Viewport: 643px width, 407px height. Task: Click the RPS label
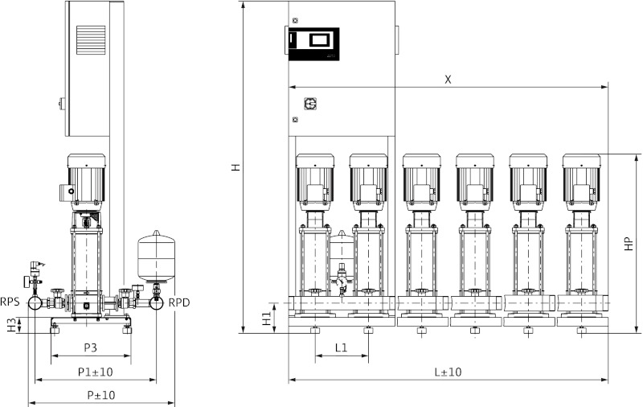[x=10, y=302]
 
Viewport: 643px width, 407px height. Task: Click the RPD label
[x=178, y=302]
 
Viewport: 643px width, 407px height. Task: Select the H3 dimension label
[x=10, y=324]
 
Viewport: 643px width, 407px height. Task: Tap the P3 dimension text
[x=90, y=347]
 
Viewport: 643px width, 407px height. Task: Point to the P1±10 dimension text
[x=96, y=372]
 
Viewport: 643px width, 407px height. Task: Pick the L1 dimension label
[x=341, y=347]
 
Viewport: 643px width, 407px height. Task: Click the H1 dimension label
[x=266, y=318]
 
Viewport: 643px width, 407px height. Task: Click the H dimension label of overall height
[x=235, y=167]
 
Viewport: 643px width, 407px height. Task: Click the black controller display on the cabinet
[x=313, y=43]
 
